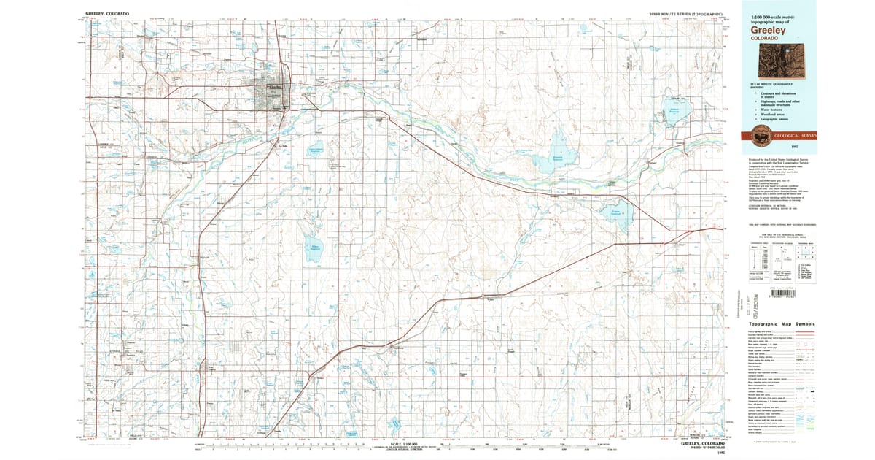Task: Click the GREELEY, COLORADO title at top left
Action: [x=105, y=13]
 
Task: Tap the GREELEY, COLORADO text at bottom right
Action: [x=702, y=443]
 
